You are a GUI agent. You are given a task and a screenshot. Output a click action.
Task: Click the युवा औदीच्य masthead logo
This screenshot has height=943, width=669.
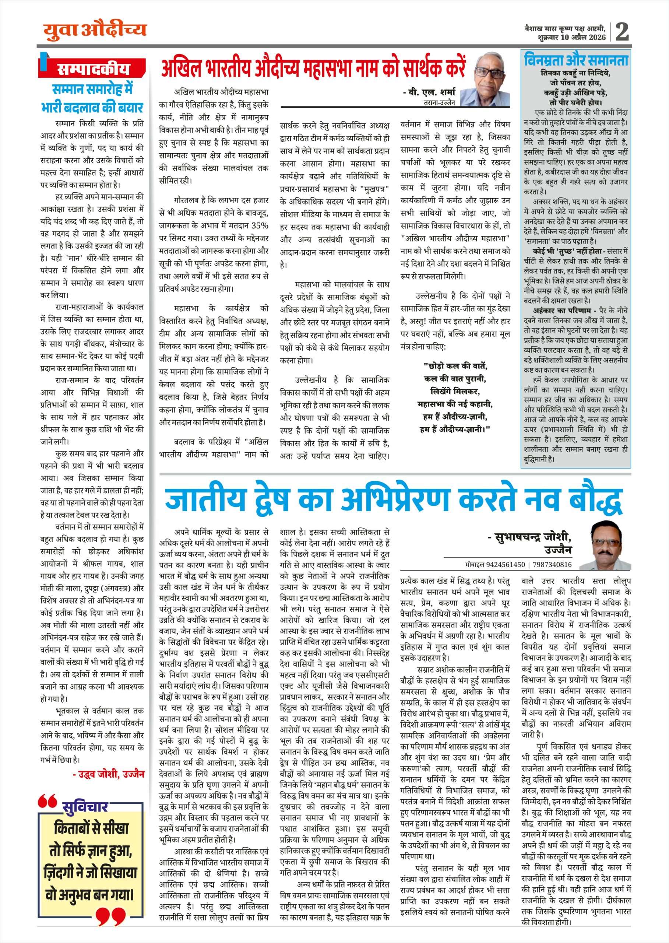(95, 30)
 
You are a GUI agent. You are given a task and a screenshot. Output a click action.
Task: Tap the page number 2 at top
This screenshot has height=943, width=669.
(622, 32)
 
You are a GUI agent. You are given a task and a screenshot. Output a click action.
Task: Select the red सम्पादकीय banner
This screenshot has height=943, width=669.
(93, 69)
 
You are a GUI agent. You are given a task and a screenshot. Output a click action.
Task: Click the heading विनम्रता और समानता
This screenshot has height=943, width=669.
(576, 60)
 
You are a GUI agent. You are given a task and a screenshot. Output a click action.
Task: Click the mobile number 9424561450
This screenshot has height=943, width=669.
(506, 564)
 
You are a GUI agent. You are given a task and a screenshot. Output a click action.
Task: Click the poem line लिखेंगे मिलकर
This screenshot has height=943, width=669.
(455, 391)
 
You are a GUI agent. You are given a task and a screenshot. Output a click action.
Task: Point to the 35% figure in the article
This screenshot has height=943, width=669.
(260, 225)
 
